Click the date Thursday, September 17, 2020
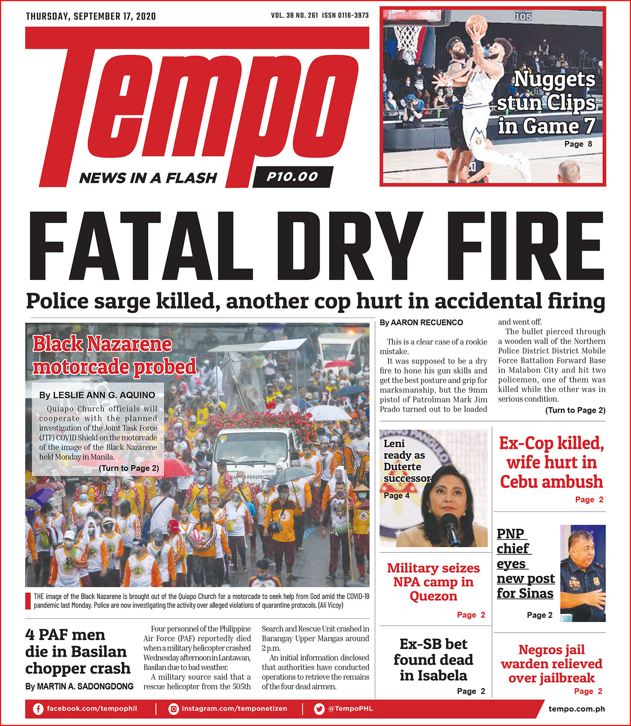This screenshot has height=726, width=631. point(91,17)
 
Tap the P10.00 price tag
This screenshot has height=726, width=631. point(292,177)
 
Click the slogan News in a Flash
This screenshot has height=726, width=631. point(148,178)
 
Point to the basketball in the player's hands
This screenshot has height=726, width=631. point(476,24)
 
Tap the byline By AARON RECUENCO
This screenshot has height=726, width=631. point(421,322)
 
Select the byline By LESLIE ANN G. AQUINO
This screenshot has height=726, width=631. point(97,395)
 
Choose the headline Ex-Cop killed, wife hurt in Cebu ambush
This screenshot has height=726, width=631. point(551,462)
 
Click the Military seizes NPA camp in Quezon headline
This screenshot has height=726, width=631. point(433,582)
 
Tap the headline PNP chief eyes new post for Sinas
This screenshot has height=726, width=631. point(525,564)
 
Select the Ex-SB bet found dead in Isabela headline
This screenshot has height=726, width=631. point(433,660)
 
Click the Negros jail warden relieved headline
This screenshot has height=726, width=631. point(551,664)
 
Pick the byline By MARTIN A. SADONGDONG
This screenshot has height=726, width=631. point(80,686)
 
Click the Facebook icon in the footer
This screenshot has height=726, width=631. point(38,709)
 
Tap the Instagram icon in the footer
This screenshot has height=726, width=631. point(174,709)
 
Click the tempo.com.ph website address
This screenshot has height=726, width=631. point(577,709)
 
